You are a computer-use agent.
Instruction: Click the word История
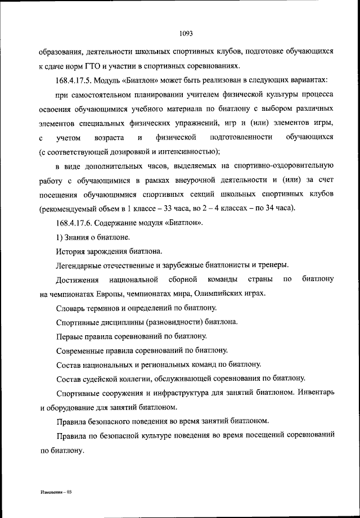click(x=71, y=251)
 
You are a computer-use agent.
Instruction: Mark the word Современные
click(x=83, y=351)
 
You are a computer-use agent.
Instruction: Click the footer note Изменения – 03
click(x=57, y=491)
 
